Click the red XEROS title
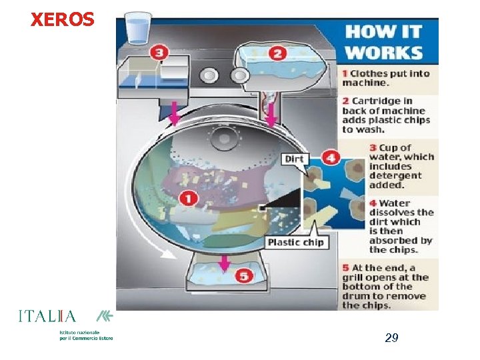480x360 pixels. click(x=63, y=19)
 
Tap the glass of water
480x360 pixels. click(x=139, y=28)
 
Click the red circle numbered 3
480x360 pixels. click(x=159, y=53)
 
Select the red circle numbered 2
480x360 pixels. click(x=277, y=54)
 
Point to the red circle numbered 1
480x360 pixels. click(x=188, y=199)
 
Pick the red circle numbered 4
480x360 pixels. click(x=331, y=158)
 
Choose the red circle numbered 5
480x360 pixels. click(x=244, y=277)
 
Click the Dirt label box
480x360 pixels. click(x=294, y=159)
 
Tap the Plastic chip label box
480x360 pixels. click(x=296, y=243)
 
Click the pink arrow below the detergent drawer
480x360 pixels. click(x=174, y=114)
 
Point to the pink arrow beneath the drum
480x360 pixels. click(x=225, y=263)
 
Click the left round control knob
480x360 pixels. click(x=209, y=75)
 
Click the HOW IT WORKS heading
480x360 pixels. click(x=384, y=42)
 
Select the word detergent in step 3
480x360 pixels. click(x=395, y=176)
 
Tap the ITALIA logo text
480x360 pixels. click(x=47, y=316)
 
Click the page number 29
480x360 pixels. click(x=391, y=338)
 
